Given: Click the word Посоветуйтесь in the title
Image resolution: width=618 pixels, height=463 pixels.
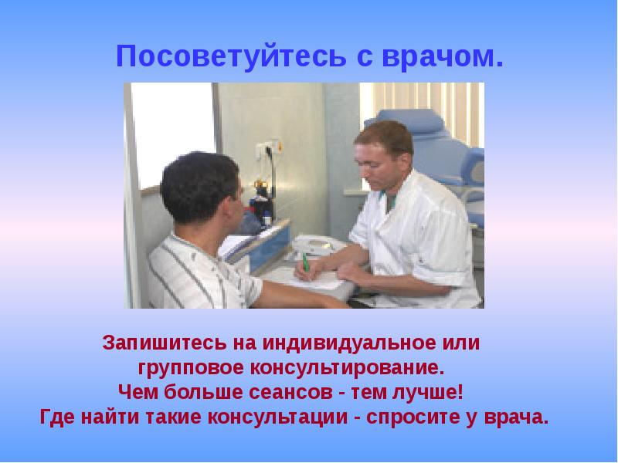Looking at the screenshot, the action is [231, 56].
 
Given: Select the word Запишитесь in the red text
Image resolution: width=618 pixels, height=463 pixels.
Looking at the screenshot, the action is [165, 343].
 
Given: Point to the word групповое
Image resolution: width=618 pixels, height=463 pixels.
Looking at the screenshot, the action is [191, 369].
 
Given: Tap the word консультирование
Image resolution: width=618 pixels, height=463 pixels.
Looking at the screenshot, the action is [347, 369].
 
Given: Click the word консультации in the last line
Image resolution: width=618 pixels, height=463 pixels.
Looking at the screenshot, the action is [277, 417].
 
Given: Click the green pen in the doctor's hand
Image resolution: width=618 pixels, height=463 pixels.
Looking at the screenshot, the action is [305, 263].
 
